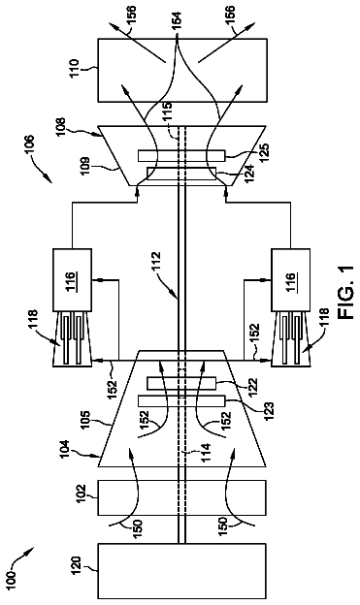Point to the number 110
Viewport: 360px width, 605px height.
click(x=74, y=68)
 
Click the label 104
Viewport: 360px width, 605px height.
click(x=62, y=450)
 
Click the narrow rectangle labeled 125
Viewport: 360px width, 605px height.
click(x=181, y=155)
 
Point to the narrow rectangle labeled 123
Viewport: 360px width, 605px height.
click(x=181, y=400)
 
